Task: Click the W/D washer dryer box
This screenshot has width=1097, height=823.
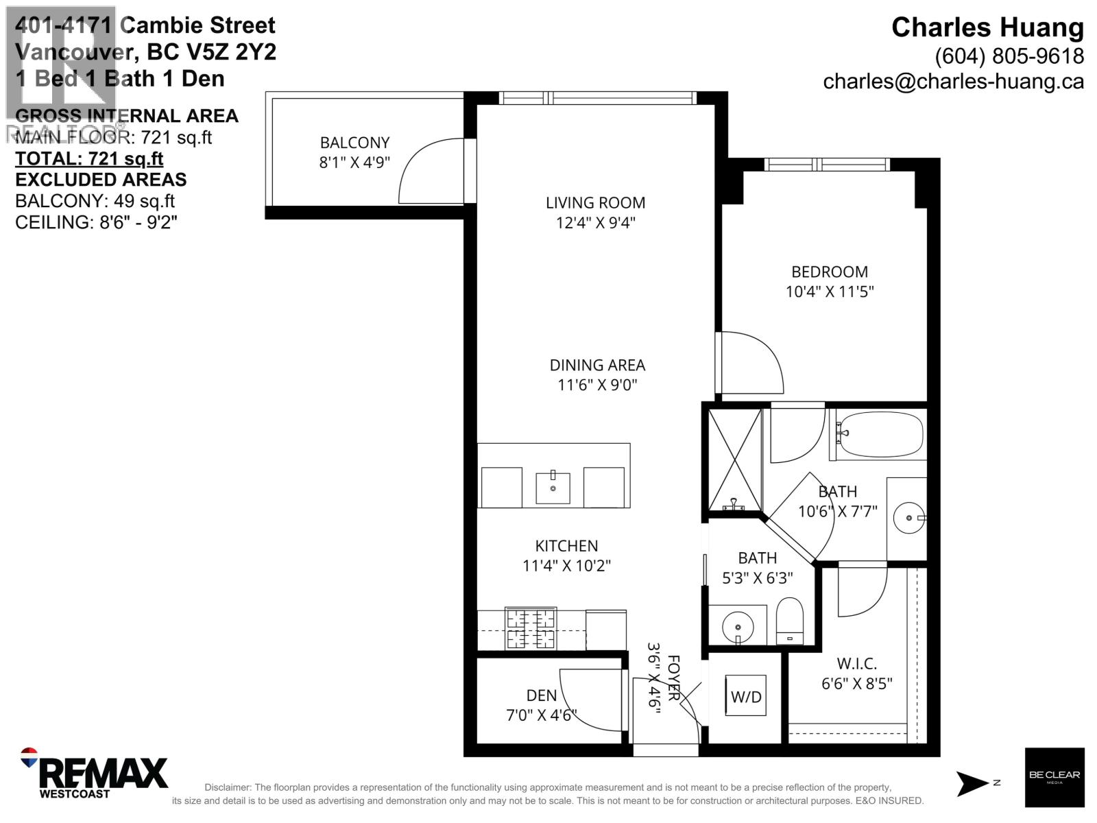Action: (x=746, y=696)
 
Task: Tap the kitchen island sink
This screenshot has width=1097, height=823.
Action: (x=553, y=487)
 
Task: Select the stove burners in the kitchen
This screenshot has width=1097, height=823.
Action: (x=531, y=629)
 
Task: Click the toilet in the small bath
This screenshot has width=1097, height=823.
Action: (x=790, y=619)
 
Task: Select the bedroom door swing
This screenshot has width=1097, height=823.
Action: (x=751, y=363)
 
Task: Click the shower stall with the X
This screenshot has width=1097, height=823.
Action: (x=735, y=460)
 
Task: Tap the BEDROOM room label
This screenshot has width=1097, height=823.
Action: (x=830, y=272)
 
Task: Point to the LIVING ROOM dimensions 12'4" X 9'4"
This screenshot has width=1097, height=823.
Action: (x=596, y=223)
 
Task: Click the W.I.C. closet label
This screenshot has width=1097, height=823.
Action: (x=856, y=664)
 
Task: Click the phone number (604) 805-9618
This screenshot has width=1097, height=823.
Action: (x=1009, y=56)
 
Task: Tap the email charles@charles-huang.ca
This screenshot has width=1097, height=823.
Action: (x=953, y=82)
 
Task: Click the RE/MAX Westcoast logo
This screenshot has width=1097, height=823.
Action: (x=96, y=774)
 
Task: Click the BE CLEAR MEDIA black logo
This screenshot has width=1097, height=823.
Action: (x=1054, y=777)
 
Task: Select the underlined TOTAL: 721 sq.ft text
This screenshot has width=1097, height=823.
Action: (x=89, y=158)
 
